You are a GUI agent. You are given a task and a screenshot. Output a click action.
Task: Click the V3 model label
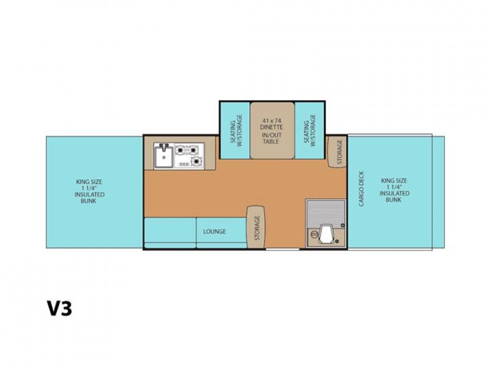tap(59, 309)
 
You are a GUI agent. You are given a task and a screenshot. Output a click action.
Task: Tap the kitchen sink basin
tap(164, 157)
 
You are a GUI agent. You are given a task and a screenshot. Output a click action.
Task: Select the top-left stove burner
tap(180, 150)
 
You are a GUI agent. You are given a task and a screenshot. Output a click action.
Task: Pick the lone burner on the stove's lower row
tap(196, 161)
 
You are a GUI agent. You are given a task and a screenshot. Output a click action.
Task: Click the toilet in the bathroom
tap(326, 235)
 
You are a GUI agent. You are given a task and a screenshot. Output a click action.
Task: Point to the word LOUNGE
tap(214, 232)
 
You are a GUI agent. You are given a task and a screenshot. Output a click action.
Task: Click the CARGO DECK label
tap(361, 189)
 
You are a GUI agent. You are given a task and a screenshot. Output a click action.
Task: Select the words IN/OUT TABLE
tap(271, 138)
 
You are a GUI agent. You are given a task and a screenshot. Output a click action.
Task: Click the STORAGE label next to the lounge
tap(257, 228)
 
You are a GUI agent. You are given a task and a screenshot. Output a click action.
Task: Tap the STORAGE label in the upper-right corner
tap(340, 152)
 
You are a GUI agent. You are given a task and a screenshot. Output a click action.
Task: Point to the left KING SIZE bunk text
tap(89, 182)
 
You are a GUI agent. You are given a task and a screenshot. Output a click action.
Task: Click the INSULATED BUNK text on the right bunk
tap(394, 196)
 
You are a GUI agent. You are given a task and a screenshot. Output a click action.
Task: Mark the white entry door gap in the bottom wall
tap(282, 249)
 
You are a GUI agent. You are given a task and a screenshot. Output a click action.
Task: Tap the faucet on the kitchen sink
tap(164, 146)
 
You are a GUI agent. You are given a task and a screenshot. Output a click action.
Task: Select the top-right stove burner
tap(193, 150)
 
